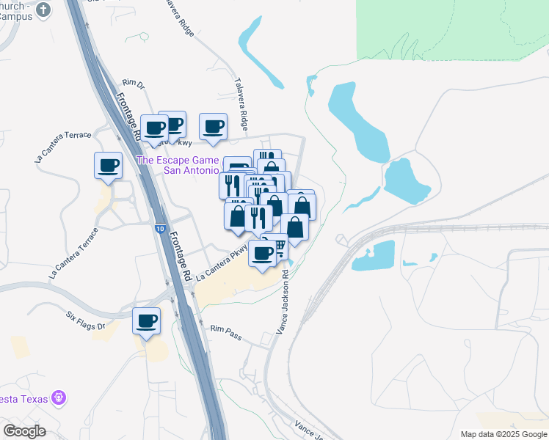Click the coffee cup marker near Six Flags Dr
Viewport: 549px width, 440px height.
click(146, 321)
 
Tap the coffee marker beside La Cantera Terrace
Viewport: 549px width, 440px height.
click(109, 165)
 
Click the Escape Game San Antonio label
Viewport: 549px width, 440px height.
click(178, 165)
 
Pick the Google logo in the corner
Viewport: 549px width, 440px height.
click(24, 431)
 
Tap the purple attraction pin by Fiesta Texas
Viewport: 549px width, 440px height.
click(59, 399)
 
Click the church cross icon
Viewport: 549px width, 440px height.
click(43, 10)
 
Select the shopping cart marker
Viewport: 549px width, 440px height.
click(278, 246)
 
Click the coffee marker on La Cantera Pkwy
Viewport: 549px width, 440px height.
click(263, 254)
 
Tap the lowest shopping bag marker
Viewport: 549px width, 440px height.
click(295, 228)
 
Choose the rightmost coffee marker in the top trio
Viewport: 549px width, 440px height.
click(214, 126)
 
